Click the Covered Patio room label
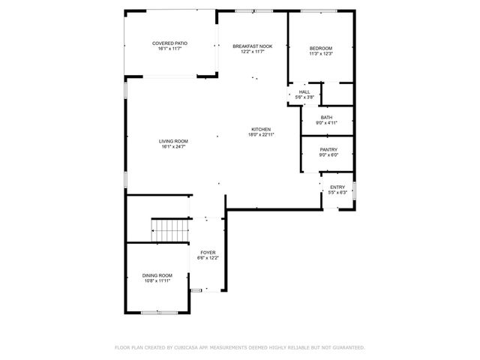[x=169, y=43]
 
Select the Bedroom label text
[x=320, y=49]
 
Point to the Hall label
[x=304, y=91]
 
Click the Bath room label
[x=326, y=117]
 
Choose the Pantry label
[x=328, y=149]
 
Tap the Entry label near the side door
[x=337, y=187]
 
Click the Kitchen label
[x=260, y=129]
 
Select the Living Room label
[x=172, y=141]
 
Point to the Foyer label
[x=208, y=253]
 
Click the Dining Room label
[x=157, y=275]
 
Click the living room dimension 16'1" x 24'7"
[x=172, y=147]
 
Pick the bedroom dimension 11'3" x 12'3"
[x=320, y=54]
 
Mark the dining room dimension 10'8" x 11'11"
[x=157, y=280]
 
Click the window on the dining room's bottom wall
[x=157, y=311]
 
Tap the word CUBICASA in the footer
[x=185, y=347]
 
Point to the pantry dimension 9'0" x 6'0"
[x=328, y=155]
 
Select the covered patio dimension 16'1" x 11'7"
[x=169, y=49]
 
